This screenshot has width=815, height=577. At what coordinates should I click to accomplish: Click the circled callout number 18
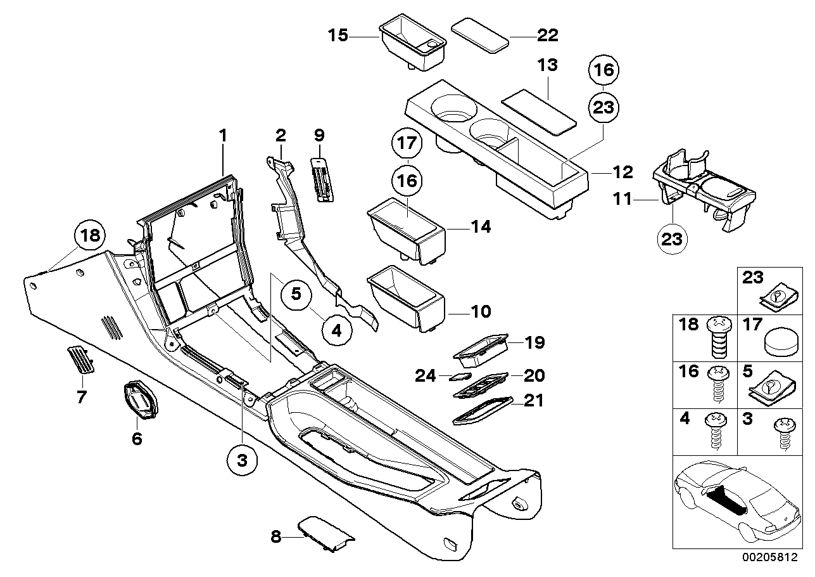pyautogui.click(x=90, y=236)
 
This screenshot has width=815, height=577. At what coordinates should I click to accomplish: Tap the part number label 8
pyautogui.click(x=275, y=536)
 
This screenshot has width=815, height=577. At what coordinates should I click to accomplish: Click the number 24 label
pyautogui.click(x=426, y=376)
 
